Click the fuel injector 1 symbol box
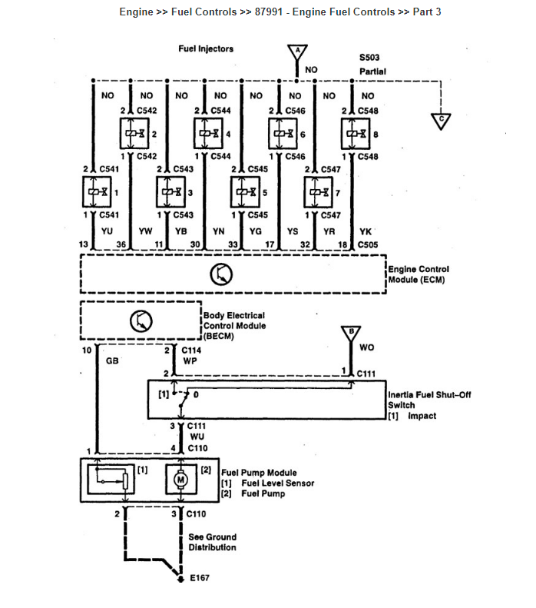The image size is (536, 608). point(94,191)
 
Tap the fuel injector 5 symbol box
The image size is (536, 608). point(244,191)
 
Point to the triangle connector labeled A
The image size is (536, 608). point(296,52)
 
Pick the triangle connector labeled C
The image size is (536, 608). point(441,121)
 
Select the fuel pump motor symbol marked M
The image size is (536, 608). point(181,479)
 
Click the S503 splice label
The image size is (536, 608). point(369,58)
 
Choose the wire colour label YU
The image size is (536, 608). point(107,230)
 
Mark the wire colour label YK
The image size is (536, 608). point(366,230)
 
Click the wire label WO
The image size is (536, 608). point(367,347)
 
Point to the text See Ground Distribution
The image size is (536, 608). point(212,542)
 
